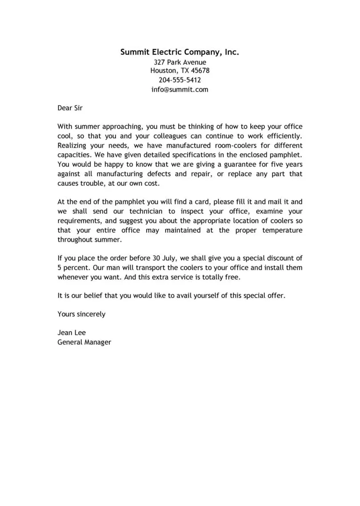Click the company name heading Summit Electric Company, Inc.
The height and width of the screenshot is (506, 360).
pyautogui.click(x=180, y=52)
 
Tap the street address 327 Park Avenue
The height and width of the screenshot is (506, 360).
pyautogui.click(x=180, y=62)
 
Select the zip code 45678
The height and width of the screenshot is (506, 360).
pyautogui.click(x=200, y=71)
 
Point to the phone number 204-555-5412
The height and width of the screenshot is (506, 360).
pyautogui.click(x=180, y=80)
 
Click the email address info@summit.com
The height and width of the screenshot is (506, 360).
pyautogui.click(x=180, y=89)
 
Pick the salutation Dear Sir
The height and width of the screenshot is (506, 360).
pyautogui.click(x=70, y=108)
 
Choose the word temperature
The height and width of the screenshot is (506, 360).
pyautogui.click(x=279, y=230)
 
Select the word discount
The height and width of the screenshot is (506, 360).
pyautogui.click(x=279, y=258)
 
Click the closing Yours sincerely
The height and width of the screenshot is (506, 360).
pyautogui.click(x=81, y=314)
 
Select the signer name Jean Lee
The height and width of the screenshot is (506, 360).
pyautogui.click(x=71, y=333)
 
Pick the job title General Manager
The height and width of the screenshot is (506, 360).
pyautogui.click(x=84, y=342)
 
